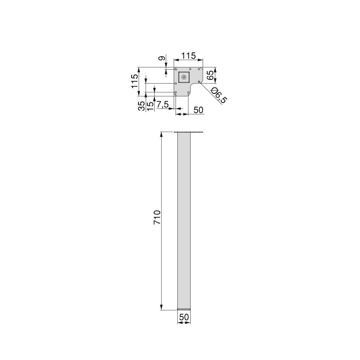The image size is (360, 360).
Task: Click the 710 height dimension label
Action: coord(157,217)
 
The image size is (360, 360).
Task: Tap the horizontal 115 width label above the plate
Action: coord(188,56)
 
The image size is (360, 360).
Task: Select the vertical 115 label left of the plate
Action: coord(135,81)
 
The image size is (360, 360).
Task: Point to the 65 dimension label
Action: coord(210,75)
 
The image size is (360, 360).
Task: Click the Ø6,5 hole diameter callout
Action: coord(219,95)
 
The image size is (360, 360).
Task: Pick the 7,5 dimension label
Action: coord(163,105)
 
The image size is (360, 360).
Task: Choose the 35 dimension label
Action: coord(142,106)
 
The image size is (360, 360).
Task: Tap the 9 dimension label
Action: coord(162,58)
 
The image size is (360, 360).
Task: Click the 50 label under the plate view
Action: coord(198,110)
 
